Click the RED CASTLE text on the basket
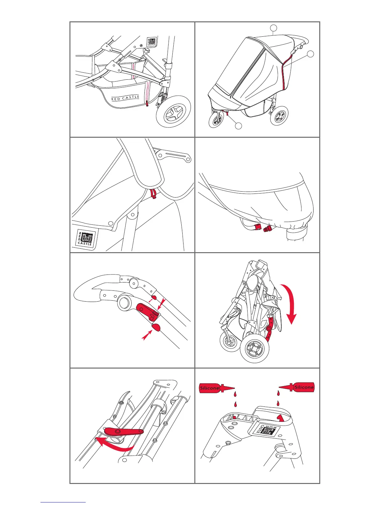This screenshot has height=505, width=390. point(126,98)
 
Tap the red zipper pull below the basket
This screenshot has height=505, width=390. point(147,104)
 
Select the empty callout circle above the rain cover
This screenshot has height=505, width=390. point(273,28)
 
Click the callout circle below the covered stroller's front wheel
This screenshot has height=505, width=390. point(238,126)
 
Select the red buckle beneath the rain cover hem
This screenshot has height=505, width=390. point(263,228)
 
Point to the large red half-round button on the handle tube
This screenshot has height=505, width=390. point(156,327)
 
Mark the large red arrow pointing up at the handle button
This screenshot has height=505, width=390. point(147,335)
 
